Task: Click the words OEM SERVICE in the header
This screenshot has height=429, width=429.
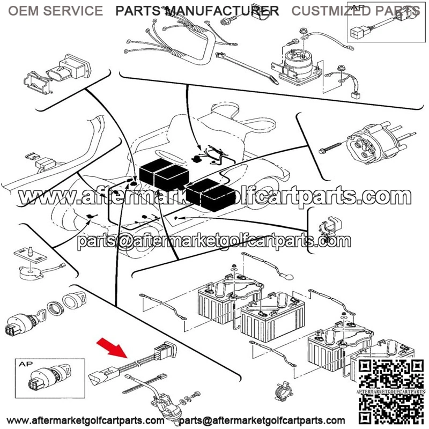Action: tap(56, 11)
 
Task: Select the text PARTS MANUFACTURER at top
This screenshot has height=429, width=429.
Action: tap(197, 11)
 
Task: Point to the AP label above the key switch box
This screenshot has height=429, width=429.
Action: tap(25, 364)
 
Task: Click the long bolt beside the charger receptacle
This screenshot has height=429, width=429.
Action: tap(330, 147)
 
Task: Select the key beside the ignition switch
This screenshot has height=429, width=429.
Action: tap(41, 315)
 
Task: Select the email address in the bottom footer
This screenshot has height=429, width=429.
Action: tap(262, 420)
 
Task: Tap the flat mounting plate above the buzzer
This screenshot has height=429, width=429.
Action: tap(31, 255)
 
